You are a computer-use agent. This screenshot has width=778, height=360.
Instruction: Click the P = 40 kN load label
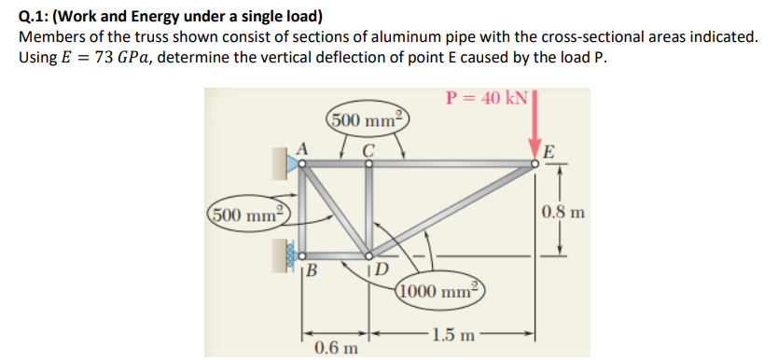(x=487, y=98)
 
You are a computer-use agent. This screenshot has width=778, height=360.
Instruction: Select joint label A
(x=301, y=146)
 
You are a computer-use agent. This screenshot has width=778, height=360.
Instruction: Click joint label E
(x=550, y=152)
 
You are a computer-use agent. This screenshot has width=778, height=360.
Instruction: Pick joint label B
(x=313, y=272)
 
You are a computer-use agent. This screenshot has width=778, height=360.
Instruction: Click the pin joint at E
(x=535, y=164)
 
